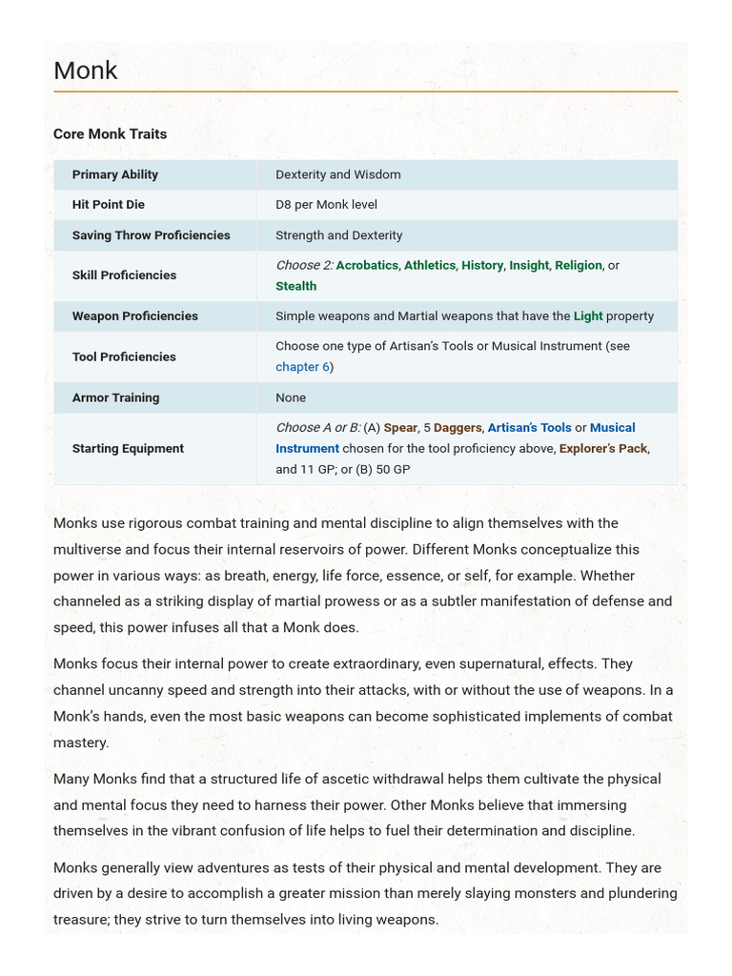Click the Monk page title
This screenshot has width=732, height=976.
(x=86, y=71)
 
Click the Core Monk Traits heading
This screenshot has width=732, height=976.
(x=110, y=134)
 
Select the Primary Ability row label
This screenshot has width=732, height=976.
(x=115, y=174)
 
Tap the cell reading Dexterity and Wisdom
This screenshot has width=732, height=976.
(x=338, y=174)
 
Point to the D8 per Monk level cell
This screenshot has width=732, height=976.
(x=326, y=204)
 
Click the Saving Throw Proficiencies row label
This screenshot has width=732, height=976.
(x=151, y=235)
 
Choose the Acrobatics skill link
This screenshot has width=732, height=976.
(x=367, y=265)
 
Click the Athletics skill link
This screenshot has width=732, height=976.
(x=430, y=265)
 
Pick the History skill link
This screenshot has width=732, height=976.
(x=482, y=265)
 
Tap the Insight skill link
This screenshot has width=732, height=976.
(x=529, y=265)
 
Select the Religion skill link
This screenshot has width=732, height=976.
(x=579, y=265)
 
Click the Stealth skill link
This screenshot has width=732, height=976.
(x=296, y=286)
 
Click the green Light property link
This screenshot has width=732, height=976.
(x=588, y=316)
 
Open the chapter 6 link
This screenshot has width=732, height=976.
(x=302, y=367)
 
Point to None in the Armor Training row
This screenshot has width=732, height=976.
(x=291, y=397)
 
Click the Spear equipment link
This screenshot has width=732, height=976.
(x=400, y=428)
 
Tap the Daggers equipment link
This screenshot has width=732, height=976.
(x=457, y=428)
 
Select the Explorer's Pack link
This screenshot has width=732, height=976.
(x=603, y=448)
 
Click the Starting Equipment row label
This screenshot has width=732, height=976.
(x=128, y=448)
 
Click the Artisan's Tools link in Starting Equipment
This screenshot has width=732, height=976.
(x=530, y=428)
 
